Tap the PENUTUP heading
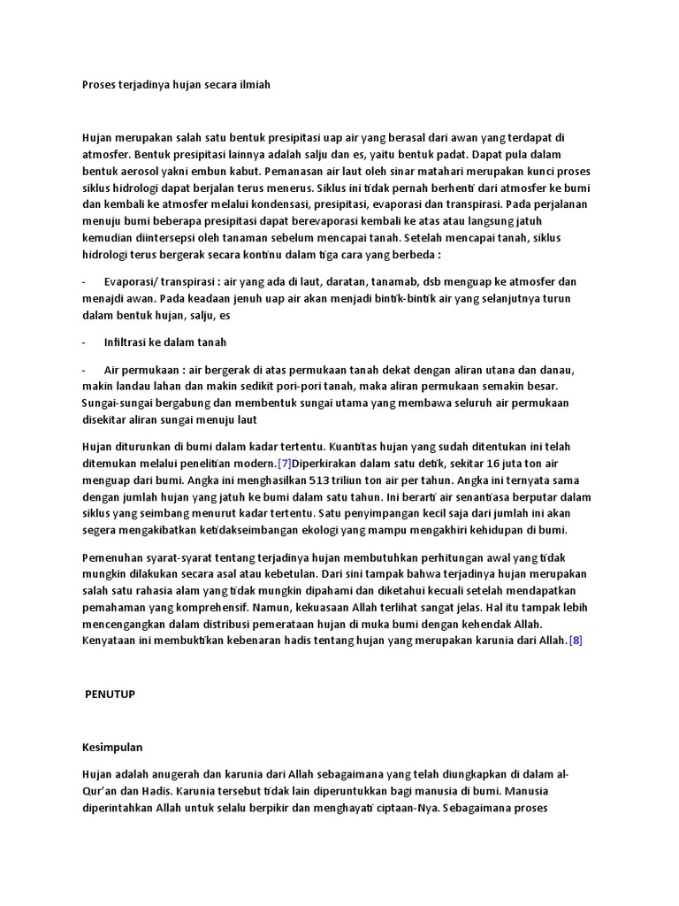click(x=111, y=695)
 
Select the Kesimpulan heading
click(x=112, y=747)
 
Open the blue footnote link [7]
click(x=284, y=463)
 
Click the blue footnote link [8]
click(x=575, y=641)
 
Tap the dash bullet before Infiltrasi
click(x=84, y=342)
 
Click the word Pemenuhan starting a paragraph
click(x=112, y=557)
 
